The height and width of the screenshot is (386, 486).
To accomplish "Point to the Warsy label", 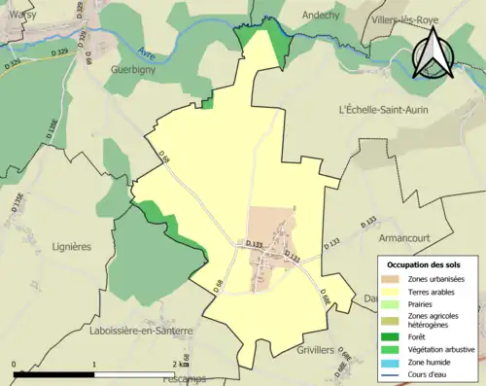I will coord(17,14).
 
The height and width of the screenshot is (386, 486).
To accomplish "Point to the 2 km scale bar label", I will coord(178,364).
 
